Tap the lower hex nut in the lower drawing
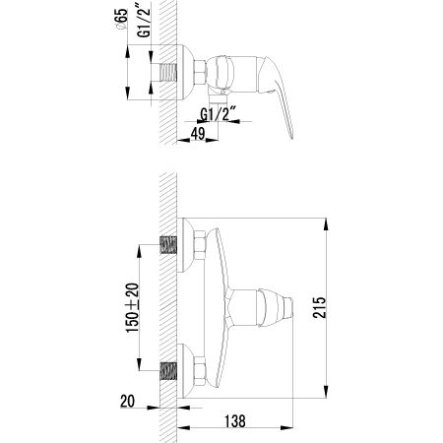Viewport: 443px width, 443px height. coord(196,370)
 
